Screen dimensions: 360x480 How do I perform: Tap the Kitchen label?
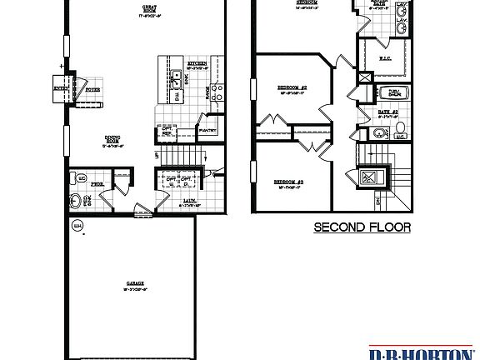click(x=197, y=63)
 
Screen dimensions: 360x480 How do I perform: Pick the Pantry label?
click(x=207, y=130)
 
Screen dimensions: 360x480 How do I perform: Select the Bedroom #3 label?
click(x=288, y=181)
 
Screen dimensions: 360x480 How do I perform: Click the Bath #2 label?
click(x=389, y=111)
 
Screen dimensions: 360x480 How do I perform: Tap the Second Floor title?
click(x=362, y=227)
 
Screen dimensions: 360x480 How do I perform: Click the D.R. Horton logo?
click(x=424, y=352)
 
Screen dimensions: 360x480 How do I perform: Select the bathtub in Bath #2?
click(x=388, y=92)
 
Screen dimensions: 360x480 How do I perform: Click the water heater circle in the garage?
click(x=77, y=225)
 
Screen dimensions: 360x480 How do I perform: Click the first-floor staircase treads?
click(x=181, y=153)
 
